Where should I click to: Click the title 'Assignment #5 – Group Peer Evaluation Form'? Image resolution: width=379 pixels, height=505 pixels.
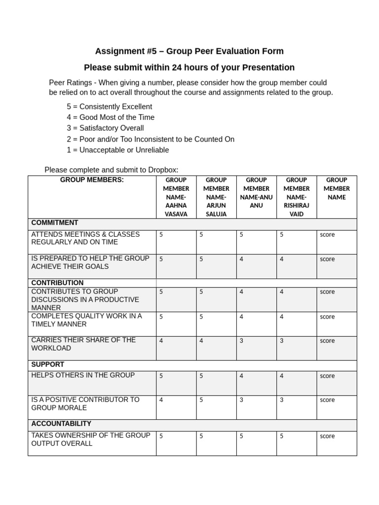pos(189,51)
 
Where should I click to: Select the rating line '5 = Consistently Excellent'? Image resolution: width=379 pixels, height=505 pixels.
pos(109,107)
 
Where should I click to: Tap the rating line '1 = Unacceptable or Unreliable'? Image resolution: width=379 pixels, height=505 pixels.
pos(117,150)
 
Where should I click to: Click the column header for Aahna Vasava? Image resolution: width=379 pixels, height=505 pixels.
pos(176,197)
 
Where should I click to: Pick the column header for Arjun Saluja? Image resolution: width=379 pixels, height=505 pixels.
pos(216,197)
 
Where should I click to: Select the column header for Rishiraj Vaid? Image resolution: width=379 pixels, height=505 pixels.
pos(297,197)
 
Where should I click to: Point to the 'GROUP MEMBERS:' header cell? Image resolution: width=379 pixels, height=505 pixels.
pos(92,180)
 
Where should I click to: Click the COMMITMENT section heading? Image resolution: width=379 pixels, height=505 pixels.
pos(55,223)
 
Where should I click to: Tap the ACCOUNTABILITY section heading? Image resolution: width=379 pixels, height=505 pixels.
pos(61,424)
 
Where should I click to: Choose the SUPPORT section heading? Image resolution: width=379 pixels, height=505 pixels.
pos(47,364)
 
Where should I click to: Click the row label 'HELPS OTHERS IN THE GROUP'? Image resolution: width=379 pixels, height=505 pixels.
pos(83,375)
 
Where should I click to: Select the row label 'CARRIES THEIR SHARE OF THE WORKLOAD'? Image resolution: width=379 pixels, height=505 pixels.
pos(83,344)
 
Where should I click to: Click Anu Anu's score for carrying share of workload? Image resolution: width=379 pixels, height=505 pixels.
pos(241,341)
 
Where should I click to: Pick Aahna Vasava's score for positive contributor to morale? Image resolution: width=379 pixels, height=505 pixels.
pos(161,400)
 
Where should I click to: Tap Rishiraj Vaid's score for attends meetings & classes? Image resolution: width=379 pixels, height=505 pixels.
pos(282,235)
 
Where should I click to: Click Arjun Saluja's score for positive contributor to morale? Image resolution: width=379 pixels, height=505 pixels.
pos(201,400)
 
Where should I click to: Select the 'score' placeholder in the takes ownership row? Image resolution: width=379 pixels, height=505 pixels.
pos(327,436)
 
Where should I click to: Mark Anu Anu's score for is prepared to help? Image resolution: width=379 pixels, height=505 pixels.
pos(241,259)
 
